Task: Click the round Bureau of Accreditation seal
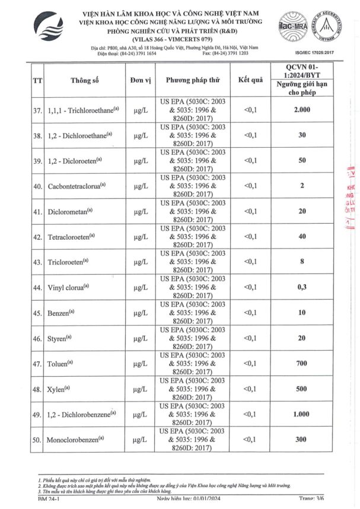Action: pyautogui.click(x=332, y=27)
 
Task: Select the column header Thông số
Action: pyautogui.click(x=84, y=80)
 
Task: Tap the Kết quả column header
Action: pyautogui.click(x=250, y=79)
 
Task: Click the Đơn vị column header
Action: pyautogui.click(x=141, y=80)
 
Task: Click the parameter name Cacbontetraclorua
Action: pyautogui.click(x=77, y=186)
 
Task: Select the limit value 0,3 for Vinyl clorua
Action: pyautogui.click(x=302, y=287)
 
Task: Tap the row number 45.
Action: pyautogui.click(x=37, y=313)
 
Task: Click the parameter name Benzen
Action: pyautogui.click(x=61, y=313)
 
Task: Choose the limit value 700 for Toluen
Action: pyautogui.click(x=302, y=363)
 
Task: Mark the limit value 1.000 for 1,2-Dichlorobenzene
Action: pyautogui.click(x=302, y=414)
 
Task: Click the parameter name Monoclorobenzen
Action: pyautogui.click(x=77, y=439)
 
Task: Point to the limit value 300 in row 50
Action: pyautogui.click(x=302, y=439)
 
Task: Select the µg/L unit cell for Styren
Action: pyautogui.click(x=141, y=338)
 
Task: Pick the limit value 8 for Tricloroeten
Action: pyautogui.click(x=302, y=262)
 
